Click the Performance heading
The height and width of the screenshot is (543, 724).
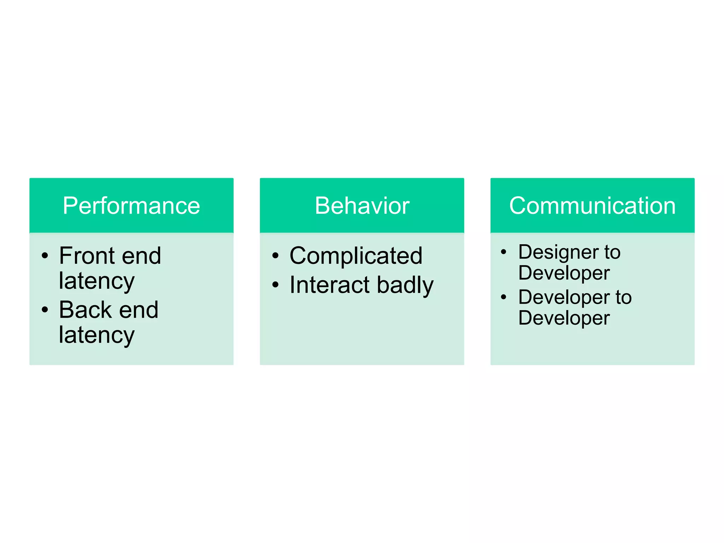[131, 206]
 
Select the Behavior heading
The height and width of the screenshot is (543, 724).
[362, 206]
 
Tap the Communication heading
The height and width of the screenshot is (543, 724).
[592, 206]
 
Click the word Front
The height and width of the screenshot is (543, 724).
[87, 255]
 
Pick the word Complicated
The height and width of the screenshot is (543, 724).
[356, 255]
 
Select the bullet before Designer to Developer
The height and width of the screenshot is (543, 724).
[503, 252]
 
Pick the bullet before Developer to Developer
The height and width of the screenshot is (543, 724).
[503, 297]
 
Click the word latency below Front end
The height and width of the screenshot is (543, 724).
[97, 281]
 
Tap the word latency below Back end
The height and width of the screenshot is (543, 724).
[97, 335]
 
